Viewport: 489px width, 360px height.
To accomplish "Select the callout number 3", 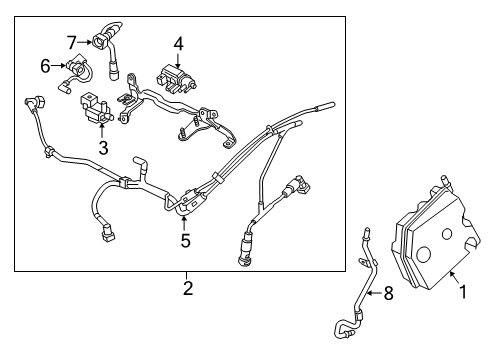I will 102,149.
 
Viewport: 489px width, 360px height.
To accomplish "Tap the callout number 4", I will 177,43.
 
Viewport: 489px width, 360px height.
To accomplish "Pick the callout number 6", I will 45,65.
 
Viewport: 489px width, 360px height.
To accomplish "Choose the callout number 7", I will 72,41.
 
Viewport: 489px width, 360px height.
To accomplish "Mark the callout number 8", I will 389,293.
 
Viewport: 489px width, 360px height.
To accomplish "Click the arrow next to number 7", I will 84,42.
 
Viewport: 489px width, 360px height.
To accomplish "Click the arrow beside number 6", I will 56,66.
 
